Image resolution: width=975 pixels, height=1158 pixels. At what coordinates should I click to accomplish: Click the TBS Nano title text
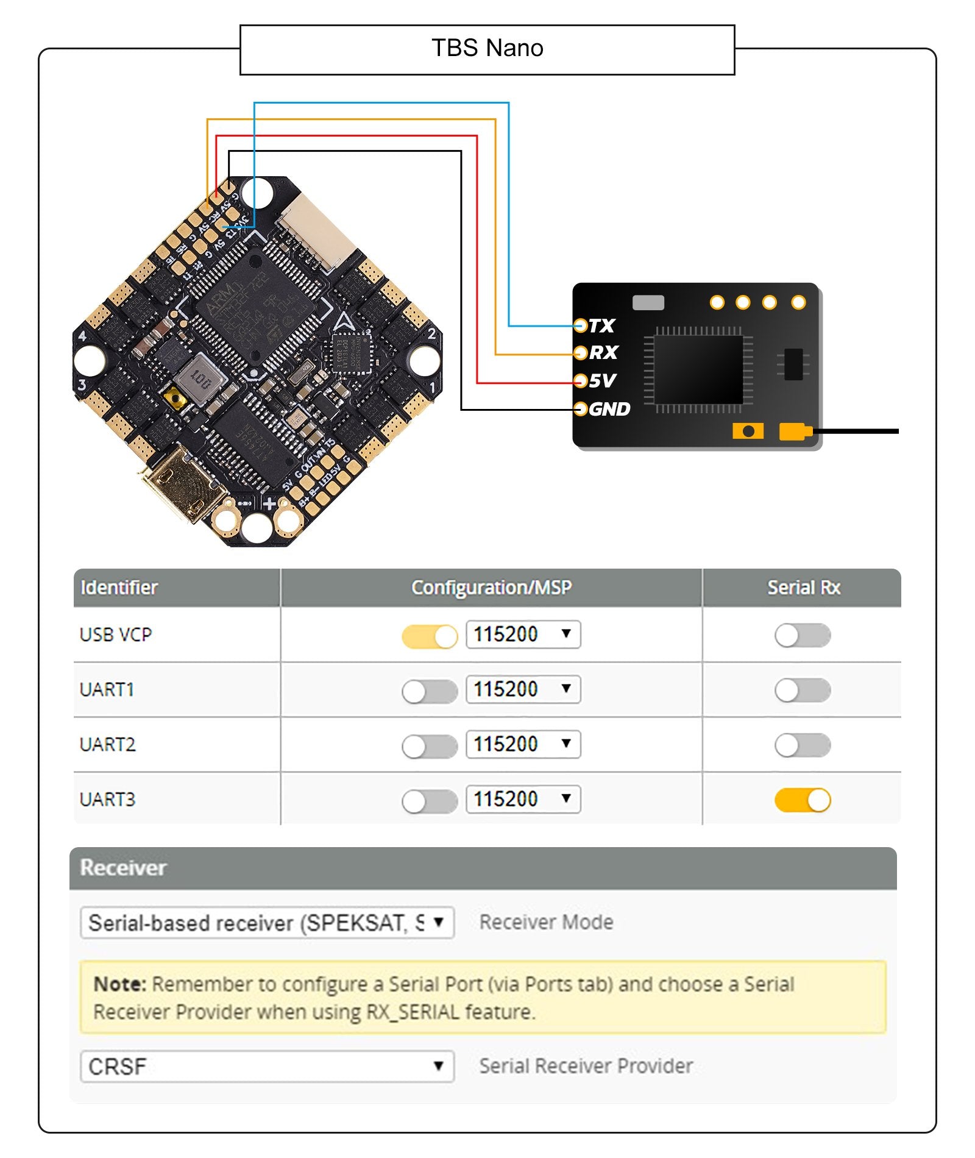coord(487,48)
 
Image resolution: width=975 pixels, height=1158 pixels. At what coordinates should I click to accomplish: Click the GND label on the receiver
coord(609,409)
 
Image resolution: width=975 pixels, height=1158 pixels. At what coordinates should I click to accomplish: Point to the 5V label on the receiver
coord(602,381)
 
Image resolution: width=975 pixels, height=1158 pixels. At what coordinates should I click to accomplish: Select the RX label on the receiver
coord(603,352)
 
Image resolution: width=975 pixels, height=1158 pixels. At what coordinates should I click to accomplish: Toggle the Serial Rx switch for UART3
coord(802,800)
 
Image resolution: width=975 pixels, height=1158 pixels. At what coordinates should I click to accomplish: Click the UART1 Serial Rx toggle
coord(802,691)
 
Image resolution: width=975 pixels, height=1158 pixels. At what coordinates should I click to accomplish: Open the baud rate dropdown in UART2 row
coord(523,744)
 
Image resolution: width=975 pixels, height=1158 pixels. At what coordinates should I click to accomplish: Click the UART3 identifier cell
coord(108,799)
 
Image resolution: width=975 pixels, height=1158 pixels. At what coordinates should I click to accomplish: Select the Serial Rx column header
coord(803,588)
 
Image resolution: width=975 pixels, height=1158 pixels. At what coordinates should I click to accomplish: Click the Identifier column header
coord(119,588)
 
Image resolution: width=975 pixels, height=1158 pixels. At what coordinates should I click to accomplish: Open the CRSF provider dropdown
coord(267,1066)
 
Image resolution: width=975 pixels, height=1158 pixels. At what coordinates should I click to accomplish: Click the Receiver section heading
coord(123,867)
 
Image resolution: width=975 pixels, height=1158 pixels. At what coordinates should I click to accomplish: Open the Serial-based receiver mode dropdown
coord(267,922)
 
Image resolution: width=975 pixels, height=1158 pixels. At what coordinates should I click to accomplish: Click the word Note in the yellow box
coord(119,984)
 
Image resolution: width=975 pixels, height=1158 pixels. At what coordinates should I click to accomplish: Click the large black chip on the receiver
coord(698,368)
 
